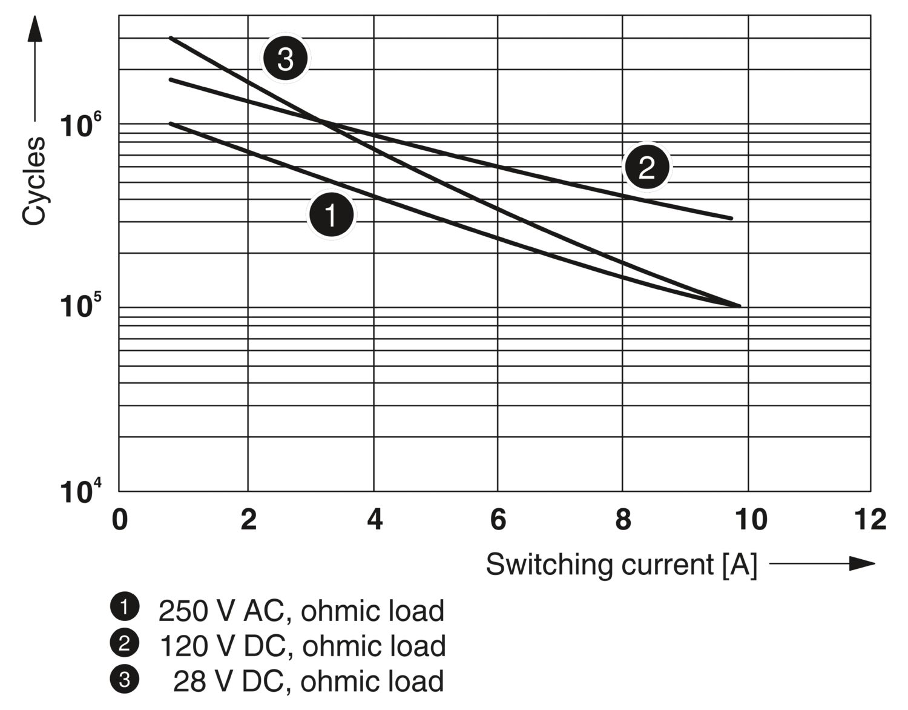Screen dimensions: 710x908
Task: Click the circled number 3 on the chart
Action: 285,59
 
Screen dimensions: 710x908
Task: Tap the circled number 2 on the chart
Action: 646,167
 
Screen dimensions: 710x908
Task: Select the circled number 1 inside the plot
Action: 331,214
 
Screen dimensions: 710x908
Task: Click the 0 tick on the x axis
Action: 120,520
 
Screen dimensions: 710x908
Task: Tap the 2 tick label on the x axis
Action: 248,520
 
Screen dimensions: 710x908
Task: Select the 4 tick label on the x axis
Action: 375,520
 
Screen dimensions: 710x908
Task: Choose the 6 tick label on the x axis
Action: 498,520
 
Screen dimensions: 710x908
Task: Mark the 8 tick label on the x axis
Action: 623,520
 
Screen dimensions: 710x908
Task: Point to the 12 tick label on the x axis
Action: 870,520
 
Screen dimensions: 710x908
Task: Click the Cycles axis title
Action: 34,181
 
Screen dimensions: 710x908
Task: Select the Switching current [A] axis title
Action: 621,565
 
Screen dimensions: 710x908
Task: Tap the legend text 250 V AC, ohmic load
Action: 301,611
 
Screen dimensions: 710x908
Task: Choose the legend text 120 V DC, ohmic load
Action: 302,646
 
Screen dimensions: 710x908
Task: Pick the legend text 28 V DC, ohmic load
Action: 308,681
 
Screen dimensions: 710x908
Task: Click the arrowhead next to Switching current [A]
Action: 862,563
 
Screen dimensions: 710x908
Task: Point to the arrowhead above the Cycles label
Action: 35,29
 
